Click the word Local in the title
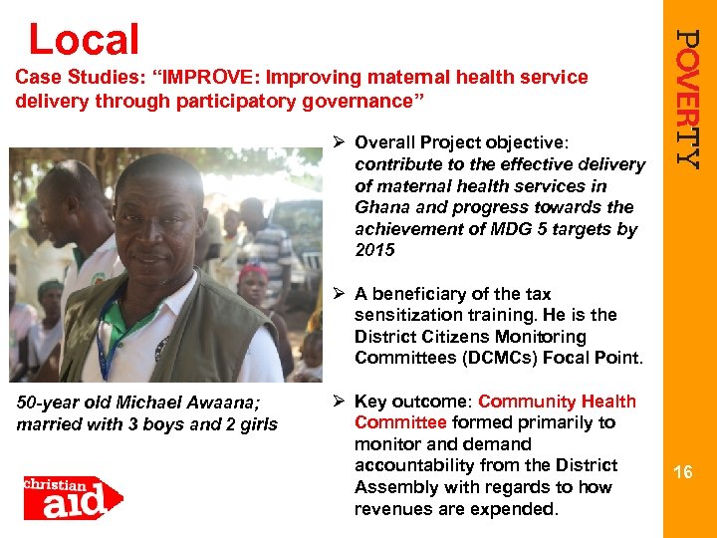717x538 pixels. (x=84, y=39)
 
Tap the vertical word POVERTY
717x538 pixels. (x=688, y=98)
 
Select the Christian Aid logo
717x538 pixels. (x=73, y=496)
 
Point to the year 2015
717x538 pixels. (x=375, y=250)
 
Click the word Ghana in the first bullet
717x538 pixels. (x=382, y=207)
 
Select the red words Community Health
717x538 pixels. (x=557, y=402)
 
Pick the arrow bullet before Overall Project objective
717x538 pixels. (x=339, y=141)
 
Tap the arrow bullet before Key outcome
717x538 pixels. (x=339, y=402)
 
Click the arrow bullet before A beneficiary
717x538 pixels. (x=339, y=294)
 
